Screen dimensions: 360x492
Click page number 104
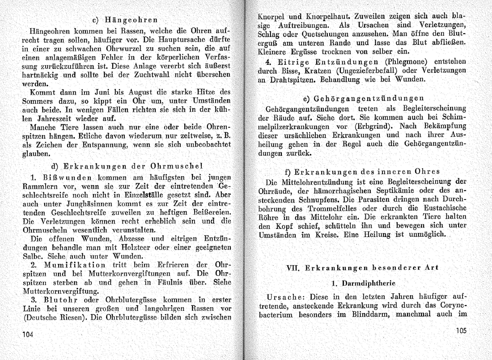point(28,334)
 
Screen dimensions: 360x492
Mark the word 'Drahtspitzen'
point(293,80)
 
